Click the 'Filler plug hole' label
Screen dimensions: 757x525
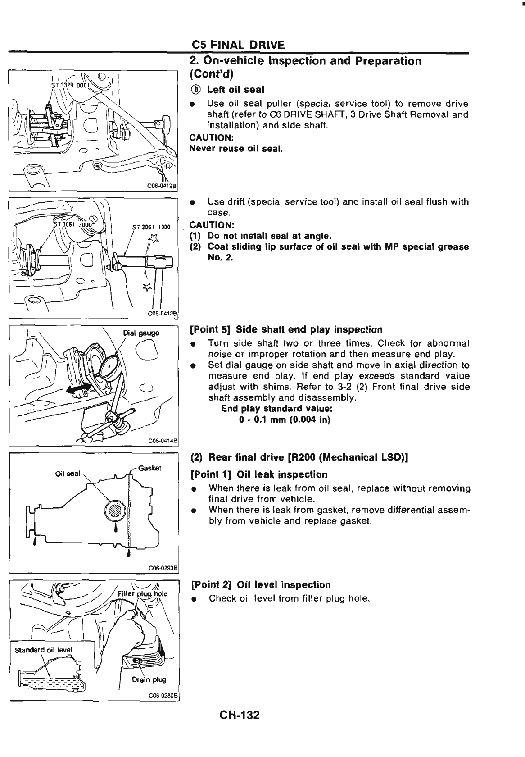(x=142, y=593)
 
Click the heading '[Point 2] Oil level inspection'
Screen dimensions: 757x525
(x=261, y=585)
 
